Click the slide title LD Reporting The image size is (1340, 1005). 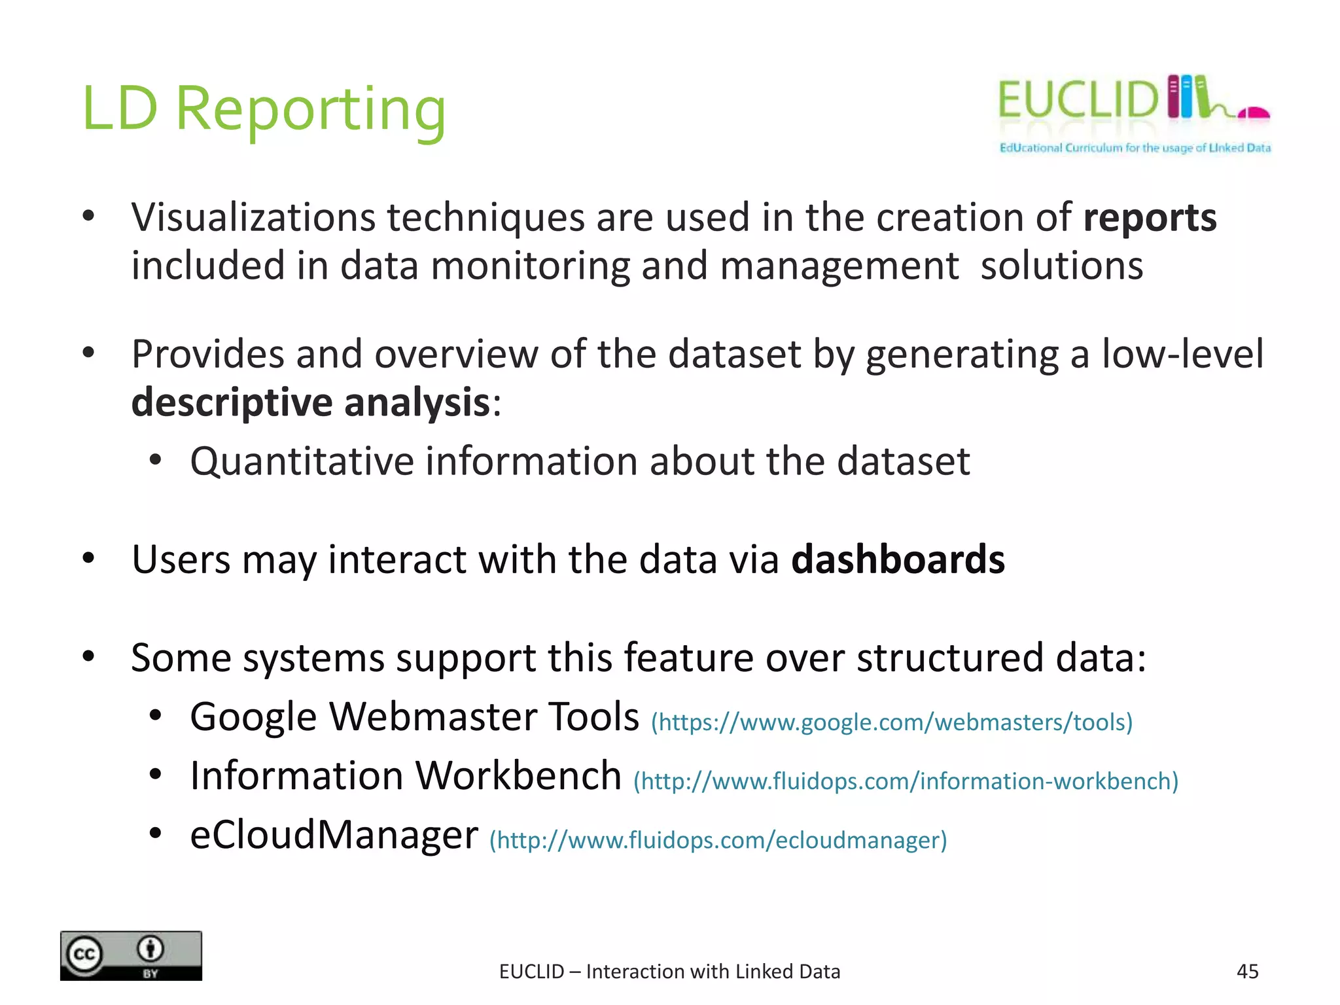coord(264,109)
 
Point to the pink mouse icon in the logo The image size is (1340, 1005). coord(1253,114)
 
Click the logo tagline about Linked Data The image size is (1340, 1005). coord(1135,148)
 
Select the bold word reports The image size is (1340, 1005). coord(1150,218)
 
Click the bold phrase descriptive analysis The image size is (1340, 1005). coord(311,402)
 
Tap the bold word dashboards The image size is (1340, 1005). coord(898,560)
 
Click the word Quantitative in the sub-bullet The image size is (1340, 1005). coord(302,462)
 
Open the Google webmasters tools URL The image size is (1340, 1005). coord(891,722)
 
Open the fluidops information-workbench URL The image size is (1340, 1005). coord(906,781)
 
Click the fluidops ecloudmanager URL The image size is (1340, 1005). coord(718,840)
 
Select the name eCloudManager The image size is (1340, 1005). coord(334,836)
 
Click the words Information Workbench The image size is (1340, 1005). coord(405,777)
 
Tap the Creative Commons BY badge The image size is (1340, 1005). coord(131,955)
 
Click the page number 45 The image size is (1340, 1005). coord(1247,972)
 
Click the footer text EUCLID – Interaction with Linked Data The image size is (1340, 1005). coord(669,972)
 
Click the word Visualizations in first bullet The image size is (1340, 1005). coord(253,218)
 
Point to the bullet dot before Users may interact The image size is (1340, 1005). coord(89,558)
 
